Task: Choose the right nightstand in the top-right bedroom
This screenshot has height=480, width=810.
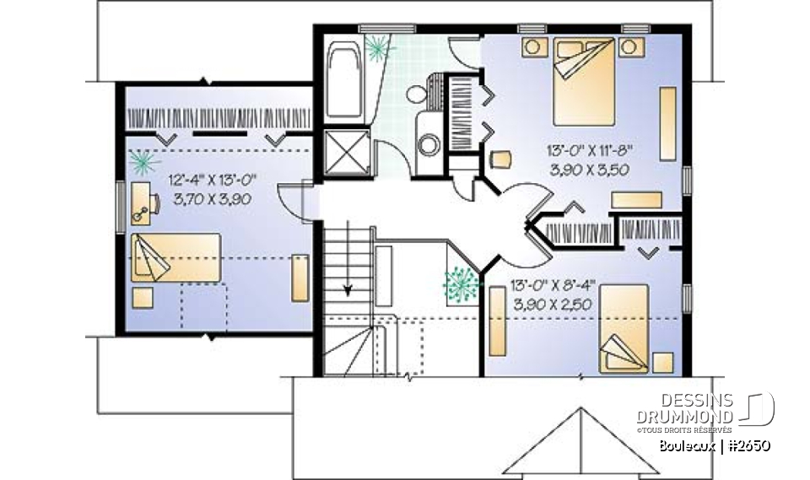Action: coord(629,47)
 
